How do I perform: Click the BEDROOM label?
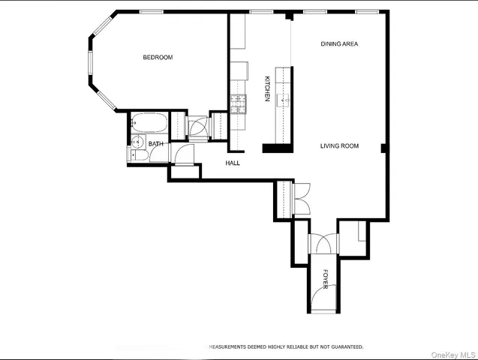click(x=158, y=58)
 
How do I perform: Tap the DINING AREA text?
click(x=339, y=44)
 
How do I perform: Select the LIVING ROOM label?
click(x=340, y=146)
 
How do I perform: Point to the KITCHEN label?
click(x=266, y=88)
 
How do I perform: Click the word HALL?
click(x=233, y=163)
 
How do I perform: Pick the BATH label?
click(x=156, y=143)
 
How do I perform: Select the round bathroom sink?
click(x=136, y=142)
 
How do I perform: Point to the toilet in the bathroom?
click(x=134, y=155)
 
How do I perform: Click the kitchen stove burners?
click(x=239, y=103)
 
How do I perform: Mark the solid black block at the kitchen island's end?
click(x=276, y=148)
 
